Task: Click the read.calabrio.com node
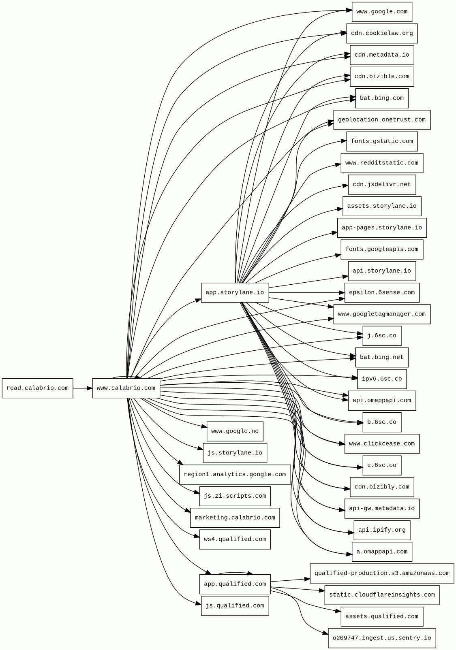click(37, 388)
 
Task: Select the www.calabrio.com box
click(126, 388)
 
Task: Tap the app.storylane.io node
click(235, 292)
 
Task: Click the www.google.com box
click(382, 12)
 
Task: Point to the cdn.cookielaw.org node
click(382, 33)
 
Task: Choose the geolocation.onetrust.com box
click(382, 120)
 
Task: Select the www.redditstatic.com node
click(382, 163)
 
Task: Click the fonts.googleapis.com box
click(382, 249)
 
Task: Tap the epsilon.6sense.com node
click(382, 292)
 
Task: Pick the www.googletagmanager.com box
click(382, 314)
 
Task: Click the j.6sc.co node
click(382, 336)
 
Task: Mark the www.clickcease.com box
click(382, 444)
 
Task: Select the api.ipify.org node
click(382, 530)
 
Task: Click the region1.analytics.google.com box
click(235, 475)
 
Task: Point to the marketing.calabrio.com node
click(235, 518)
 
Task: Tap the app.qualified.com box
click(235, 584)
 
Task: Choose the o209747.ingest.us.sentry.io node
click(382, 638)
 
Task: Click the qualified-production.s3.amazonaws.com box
click(382, 573)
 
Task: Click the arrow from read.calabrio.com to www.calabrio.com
click(83, 388)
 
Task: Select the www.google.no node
click(235, 431)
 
